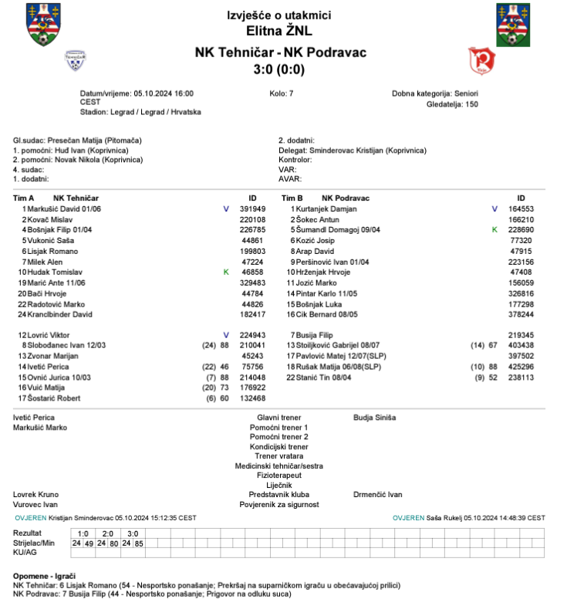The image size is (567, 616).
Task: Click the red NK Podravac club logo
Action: [481, 59]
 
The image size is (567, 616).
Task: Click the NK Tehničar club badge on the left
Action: [76, 59]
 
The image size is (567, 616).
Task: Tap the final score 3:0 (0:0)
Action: [279, 69]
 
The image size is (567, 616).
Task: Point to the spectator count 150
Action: [470, 103]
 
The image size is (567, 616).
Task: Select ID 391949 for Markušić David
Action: [252, 208]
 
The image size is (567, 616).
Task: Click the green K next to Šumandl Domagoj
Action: [494, 230]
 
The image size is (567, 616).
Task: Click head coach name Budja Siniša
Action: [374, 418]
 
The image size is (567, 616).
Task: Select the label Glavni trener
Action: [278, 418]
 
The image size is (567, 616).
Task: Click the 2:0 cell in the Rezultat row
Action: [108, 533]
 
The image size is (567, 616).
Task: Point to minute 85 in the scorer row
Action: [139, 543]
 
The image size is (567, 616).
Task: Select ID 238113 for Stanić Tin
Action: [521, 377]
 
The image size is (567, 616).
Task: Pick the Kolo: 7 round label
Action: [281, 93]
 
